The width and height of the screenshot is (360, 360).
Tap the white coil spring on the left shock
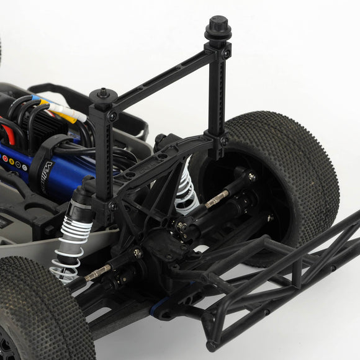65,248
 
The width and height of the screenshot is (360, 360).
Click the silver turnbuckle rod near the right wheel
217,199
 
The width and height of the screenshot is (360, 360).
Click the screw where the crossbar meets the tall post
226,54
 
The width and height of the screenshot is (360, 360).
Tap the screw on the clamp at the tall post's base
223,141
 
